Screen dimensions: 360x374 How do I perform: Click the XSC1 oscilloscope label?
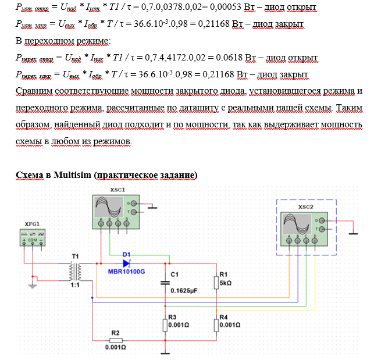119,190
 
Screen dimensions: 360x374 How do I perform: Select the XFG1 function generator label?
33,223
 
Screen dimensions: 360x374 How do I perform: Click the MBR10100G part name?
126,271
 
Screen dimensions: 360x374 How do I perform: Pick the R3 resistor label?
172,318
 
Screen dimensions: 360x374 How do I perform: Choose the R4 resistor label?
223,318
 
